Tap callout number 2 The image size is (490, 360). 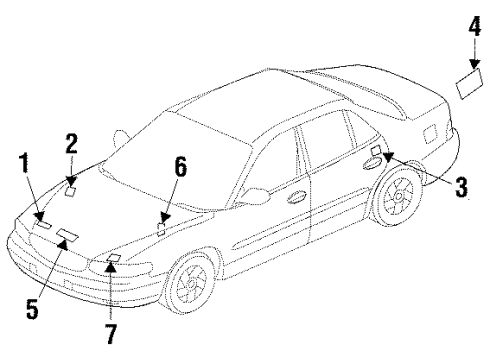[72, 144]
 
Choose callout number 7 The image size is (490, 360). [110, 330]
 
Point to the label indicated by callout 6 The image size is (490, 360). [161, 227]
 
